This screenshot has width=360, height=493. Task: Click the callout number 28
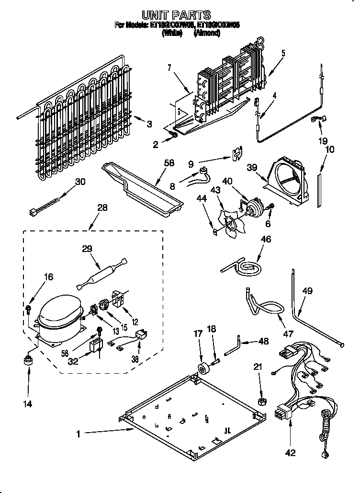102,207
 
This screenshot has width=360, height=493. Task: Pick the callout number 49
307,290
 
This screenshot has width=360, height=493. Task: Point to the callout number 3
149,124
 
